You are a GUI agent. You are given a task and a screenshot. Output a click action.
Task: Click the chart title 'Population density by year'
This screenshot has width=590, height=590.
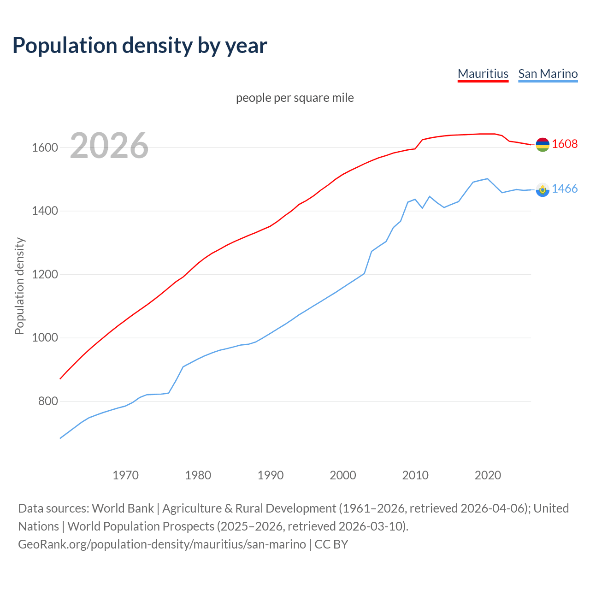pyautogui.click(x=140, y=45)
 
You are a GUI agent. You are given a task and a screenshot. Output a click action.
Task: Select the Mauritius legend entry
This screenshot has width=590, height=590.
pyautogui.click(x=483, y=74)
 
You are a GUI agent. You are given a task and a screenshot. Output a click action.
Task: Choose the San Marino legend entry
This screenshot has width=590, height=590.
pyautogui.click(x=548, y=74)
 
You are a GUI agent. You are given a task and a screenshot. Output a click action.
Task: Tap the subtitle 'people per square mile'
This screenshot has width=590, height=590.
pyautogui.click(x=295, y=98)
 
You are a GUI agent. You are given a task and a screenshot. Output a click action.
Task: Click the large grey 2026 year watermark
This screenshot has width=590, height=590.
pyautogui.click(x=109, y=146)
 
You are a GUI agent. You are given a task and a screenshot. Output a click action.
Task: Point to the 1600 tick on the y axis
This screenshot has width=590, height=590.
pyautogui.click(x=45, y=148)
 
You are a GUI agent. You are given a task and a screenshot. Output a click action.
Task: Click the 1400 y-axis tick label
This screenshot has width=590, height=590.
pyautogui.click(x=45, y=211)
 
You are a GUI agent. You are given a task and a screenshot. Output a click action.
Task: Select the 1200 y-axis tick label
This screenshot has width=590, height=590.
pyautogui.click(x=45, y=275)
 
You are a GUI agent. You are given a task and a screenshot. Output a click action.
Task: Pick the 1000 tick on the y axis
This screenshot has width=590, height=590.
pyautogui.click(x=45, y=338)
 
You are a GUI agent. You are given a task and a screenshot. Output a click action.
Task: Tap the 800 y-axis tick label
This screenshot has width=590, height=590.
pyautogui.click(x=48, y=401)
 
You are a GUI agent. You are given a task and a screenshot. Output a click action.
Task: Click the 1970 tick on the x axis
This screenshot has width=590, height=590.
pyautogui.click(x=125, y=475)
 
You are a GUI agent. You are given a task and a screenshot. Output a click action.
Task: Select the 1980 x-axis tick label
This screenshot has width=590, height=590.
pyautogui.click(x=198, y=475)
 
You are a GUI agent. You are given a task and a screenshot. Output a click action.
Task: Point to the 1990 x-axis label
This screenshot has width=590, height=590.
pyautogui.click(x=271, y=475)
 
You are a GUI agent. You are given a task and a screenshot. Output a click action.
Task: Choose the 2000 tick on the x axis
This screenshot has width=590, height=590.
pyautogui.click(x=343, y=475)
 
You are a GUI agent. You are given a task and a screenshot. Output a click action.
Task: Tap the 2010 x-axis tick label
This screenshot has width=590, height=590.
pyautogui.click(x=415, y=475)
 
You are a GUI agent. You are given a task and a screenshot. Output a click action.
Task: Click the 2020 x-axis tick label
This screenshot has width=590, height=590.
pyautogui.click(x=488, y=475)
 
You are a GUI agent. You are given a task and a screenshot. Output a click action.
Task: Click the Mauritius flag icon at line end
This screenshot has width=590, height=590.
pyautogui.click(x=543, y=145)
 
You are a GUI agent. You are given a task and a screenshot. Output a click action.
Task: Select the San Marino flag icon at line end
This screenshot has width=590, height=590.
pyautogui.click(x=543, y=189)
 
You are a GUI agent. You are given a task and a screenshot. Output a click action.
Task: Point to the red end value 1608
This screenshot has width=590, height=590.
pyautogui.click(x=565, y=144)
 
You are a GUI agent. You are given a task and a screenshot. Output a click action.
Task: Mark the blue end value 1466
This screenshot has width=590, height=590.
pyautogui.click(x=565, y=189)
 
